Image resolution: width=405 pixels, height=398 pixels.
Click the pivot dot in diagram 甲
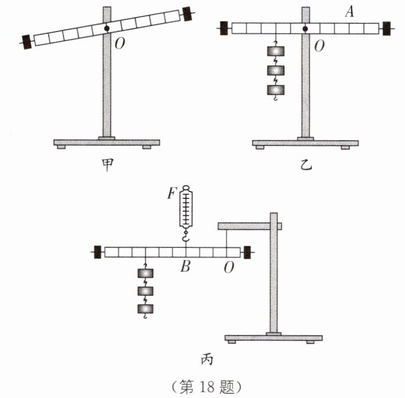[x=107, y=28]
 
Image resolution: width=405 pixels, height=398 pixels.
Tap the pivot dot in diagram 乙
[x=305, y=28]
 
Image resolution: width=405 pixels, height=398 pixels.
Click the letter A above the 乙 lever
[x=349, y=11]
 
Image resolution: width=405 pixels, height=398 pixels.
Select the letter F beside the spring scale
[x=172, y=193]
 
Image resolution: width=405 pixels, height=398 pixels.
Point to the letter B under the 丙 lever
[x=186, y=266]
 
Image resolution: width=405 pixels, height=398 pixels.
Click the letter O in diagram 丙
[x=229, y=267]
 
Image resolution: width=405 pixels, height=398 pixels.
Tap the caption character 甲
[x=108, y=165]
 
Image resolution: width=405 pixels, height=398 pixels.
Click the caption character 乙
[x=306, y=165]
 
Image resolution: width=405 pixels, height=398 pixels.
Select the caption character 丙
[x=207, y=359]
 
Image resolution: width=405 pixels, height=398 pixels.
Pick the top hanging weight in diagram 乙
[x=276, y=51]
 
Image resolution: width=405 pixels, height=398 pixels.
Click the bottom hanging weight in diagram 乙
[x=276, y=90]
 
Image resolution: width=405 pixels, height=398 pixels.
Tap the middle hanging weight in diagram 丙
[x=145, y=291]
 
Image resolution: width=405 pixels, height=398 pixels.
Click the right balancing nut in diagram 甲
[x=187, y=13]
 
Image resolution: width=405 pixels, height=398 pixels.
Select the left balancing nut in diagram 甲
[x=26, y=42]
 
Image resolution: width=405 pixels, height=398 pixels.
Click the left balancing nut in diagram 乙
[x=224, y=28]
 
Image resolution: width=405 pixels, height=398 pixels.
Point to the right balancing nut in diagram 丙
[x=247, y=252]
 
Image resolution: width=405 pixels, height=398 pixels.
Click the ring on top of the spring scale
[x=186, y=188]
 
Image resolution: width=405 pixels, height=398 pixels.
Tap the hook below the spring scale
[x=186, y=237]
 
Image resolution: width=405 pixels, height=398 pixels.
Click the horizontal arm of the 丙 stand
[x=250, y=226]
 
